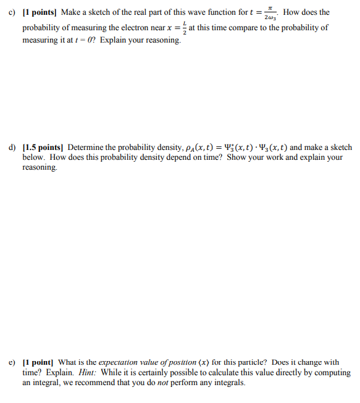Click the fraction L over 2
coord(182,28)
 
